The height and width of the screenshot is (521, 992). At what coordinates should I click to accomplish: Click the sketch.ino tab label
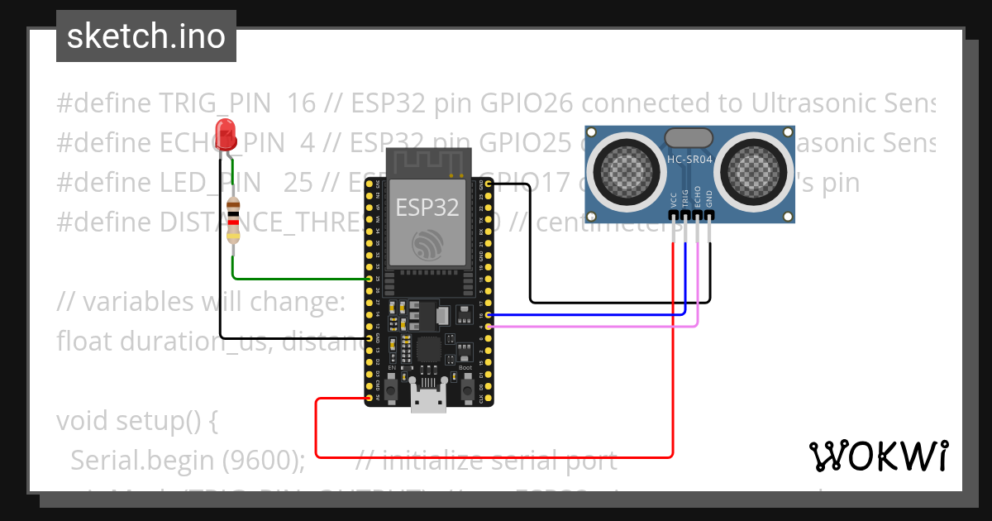[x=145, y=36]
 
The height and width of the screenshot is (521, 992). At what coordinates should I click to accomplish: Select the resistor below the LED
[x=234, y=220]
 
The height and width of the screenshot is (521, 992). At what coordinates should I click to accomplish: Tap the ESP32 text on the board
[x=427, y=207]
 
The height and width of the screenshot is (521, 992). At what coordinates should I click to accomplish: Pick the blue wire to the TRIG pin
[x=595, y=314]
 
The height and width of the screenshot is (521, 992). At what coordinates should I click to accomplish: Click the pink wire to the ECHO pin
[x=595, y=326]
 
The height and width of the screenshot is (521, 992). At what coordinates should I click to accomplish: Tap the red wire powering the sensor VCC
[x=496, y=456]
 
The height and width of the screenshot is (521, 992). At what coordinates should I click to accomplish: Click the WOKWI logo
[x=878, y=456]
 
